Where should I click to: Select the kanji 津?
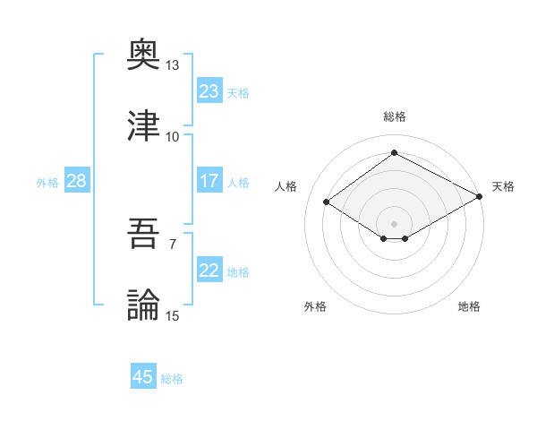[x=143, y=126]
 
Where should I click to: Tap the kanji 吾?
[x=143, y=236]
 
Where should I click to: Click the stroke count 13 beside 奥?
[x=172, y=65]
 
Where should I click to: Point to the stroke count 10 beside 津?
[x=172, y=136]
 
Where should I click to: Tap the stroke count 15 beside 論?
[x=172, y=315]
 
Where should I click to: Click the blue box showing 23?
[x=209, y=91]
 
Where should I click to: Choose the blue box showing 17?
[x=209, y=181]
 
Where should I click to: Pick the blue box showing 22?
[x=209, y=271]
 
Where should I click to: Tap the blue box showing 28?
[x=76, y=181]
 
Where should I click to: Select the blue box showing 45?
[x=143, y=377]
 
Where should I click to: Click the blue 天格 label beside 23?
[x=238, y=92]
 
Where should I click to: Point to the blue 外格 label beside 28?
[x=47, y=182]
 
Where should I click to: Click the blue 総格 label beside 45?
[x=172, y=378]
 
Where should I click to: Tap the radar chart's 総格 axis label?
[x=394, y=116]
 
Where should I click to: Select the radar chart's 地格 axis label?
[x=469, y=306]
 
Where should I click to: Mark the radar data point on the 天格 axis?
[x=481, y=197]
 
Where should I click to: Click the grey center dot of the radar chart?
[x=394, y=222]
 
